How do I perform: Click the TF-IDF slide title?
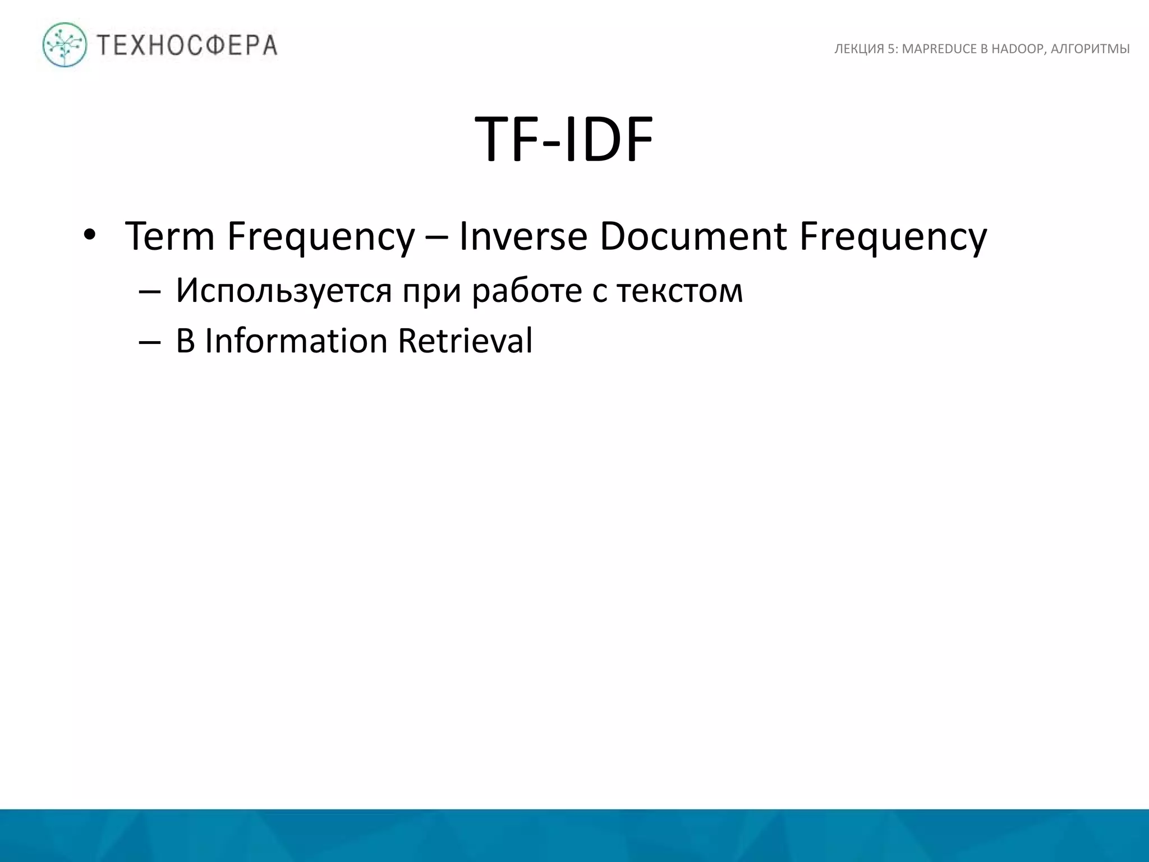pos(564,139)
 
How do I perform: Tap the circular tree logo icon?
pos(65,45)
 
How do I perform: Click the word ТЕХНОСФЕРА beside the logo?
pos(187,45)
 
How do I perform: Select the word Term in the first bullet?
pos(169,236)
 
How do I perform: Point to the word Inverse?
pos(523,236)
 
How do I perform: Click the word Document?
pos(692,236)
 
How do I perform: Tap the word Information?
pos(296,341)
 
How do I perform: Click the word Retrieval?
pos(465,341)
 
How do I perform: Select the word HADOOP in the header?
pos(1017,49)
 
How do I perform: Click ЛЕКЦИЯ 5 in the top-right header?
pos(865,49)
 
